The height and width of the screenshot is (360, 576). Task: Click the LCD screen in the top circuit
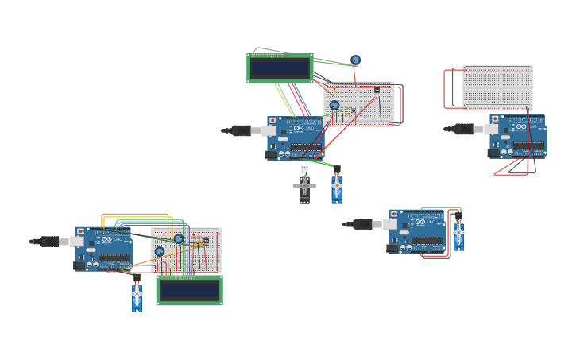(x=280, y=68)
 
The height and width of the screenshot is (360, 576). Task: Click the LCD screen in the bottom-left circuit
(x=189, y=290)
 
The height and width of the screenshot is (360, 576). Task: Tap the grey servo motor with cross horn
(x=304, y=187)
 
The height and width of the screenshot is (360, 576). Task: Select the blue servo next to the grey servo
(x=337, y=188)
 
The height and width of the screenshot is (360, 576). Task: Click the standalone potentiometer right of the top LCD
(x=355, y=60)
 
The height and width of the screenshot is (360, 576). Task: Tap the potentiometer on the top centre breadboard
(x=334, y=105)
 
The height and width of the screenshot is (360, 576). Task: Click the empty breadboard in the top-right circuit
(x=497, y=87)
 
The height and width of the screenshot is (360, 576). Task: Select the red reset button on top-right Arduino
(x=495, y=119)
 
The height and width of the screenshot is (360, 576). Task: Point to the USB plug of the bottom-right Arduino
(x=362, y=224)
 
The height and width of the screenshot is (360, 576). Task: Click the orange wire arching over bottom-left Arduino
(x=135, y=214)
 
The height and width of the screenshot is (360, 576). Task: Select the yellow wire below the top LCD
(x=283, y=99)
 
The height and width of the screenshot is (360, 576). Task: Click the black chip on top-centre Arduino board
(x=306, y=146)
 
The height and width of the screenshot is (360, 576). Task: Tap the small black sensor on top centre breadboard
(x=377, y=90)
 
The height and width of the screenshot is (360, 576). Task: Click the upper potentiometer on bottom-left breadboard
(x=179, y=238)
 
